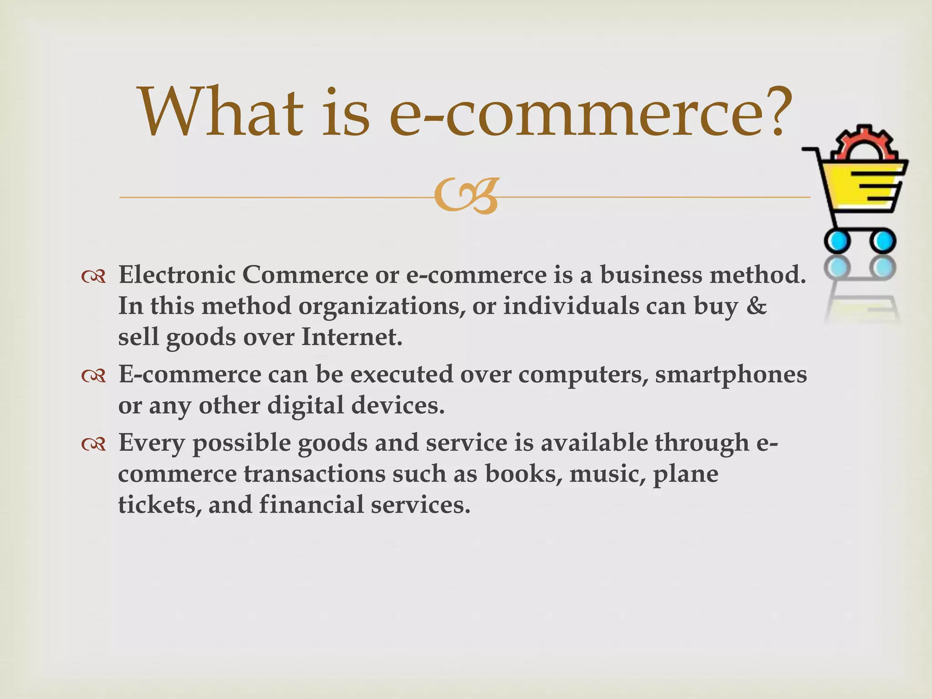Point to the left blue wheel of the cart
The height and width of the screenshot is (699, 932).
(837, 240)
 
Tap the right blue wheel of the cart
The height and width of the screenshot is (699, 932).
(883, 240)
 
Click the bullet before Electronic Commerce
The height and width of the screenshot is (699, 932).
(94, 276)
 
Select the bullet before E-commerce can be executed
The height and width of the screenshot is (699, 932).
(94, 375)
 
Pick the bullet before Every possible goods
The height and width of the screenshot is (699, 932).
(94, 444)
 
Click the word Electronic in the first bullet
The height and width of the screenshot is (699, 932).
(177, 275)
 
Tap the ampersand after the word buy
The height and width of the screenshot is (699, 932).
(756, 306)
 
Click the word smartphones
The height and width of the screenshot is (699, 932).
(731, 374)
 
